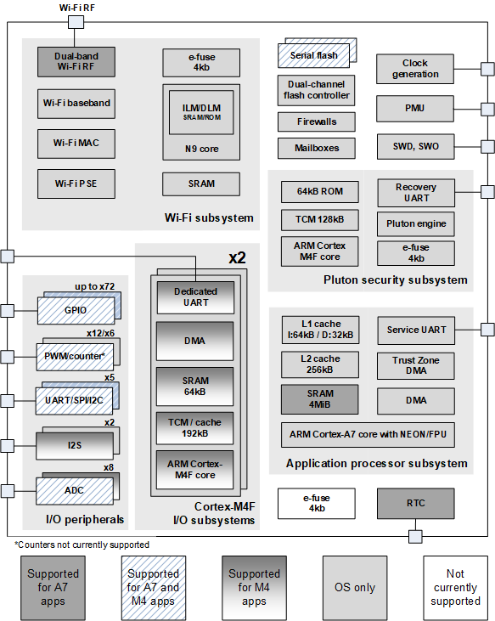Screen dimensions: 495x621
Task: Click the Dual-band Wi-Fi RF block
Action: [76, 62]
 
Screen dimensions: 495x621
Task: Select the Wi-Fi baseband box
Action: [76, 104]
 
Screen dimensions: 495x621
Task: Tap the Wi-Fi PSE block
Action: [76, 183]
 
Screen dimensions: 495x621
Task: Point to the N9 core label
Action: [202, 149]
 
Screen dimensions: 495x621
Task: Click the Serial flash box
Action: [314, 55]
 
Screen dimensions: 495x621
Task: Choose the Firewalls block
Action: [317, 121]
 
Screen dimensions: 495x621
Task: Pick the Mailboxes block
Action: [317, 148]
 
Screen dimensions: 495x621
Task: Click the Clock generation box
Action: [415, 69]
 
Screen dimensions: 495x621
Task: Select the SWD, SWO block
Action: [415, 146]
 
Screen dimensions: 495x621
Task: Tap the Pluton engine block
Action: [416, 223]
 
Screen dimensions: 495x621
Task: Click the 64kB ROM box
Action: [320, 192]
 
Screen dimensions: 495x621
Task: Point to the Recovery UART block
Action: [416, 193]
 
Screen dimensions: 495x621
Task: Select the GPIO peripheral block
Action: [76, 311]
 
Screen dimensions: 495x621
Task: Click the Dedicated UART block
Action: [195, 297]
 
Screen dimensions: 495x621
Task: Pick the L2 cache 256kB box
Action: [320, 364]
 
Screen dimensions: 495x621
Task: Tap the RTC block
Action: [415, 504]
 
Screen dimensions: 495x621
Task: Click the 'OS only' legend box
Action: [355, 588]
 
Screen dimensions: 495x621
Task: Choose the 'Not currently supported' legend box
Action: [455, 588]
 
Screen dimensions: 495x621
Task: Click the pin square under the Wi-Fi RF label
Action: [76, 22]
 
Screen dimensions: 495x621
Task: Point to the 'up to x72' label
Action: [95, 286]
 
